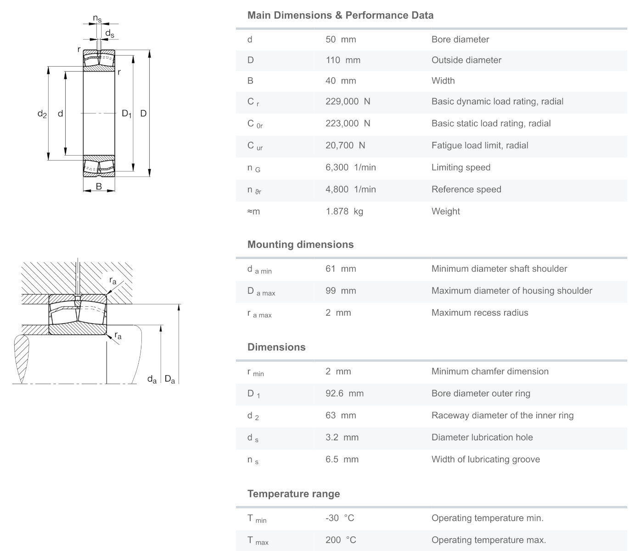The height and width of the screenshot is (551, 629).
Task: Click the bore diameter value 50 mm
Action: [341, 39]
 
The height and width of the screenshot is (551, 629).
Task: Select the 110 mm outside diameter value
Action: [343, 60]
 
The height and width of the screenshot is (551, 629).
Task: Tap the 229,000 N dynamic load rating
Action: [348, 101]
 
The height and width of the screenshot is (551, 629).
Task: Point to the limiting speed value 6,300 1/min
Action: [350, 167]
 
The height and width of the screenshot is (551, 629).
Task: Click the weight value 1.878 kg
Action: [344, 211]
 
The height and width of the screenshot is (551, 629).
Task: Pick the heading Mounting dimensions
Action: [300, 244]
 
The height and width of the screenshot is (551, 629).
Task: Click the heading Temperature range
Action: [293, 494]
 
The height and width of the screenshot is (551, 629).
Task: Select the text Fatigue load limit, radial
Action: [480, 145]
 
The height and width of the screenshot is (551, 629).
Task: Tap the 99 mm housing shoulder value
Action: [341, 291]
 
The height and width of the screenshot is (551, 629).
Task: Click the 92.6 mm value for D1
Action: [344, 393]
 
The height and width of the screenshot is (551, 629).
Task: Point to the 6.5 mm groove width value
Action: [342, 459]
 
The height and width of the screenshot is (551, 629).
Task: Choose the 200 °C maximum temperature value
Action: [341, 540]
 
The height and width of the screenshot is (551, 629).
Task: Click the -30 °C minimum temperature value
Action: [340, 518]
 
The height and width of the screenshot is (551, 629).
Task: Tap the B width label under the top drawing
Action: [99, 186]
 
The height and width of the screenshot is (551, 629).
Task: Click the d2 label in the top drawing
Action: [42, 114]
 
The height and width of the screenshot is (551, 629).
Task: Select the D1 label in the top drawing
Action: [126, 113]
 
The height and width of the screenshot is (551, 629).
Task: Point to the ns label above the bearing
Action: [97, 18]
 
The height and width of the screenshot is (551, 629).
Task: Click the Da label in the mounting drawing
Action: [170, 379]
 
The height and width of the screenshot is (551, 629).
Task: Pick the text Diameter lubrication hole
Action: [482, 437]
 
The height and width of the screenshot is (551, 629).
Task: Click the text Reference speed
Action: [466, 189]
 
